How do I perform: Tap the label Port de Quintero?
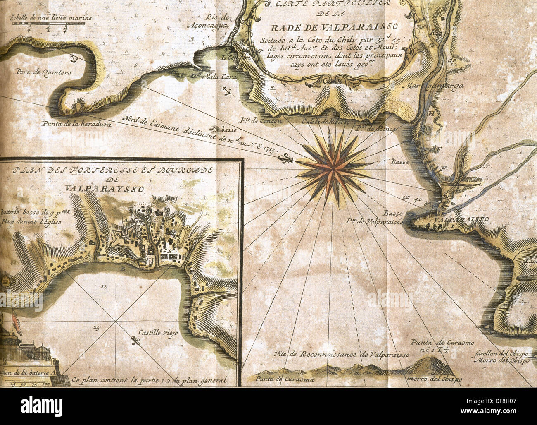[43, 72]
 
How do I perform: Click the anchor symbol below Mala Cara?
[226, 90]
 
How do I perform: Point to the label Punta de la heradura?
[76, 123]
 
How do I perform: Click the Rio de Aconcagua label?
[217, 21]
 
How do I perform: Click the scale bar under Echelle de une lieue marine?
[48, 24]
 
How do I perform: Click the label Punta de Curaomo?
[442, 343]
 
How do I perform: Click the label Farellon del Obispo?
[501, 354]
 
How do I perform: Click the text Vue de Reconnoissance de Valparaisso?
[341, 355]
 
